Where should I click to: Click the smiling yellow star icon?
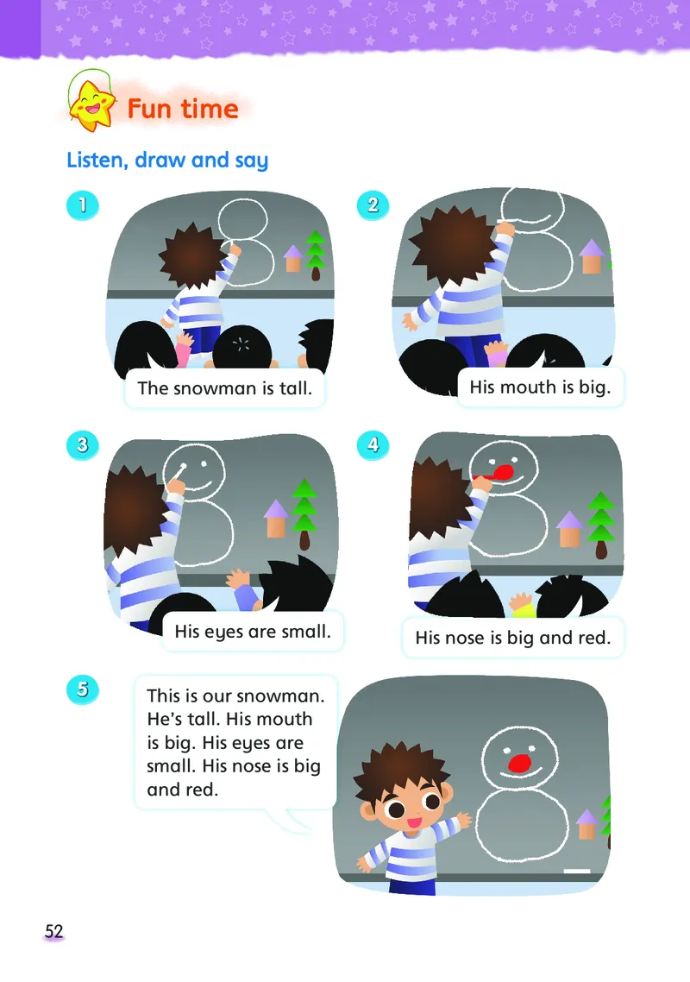92,106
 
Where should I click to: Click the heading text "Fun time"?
183,109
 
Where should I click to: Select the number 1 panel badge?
83,205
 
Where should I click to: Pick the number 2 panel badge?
373,205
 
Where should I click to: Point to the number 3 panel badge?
83,444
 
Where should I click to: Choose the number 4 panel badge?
373,444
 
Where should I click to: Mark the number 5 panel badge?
83,689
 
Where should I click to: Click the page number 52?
53,931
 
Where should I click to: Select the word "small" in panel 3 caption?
305,632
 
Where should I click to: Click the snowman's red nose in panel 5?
519,763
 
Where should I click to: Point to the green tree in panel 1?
315,255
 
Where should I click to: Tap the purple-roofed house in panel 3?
275,518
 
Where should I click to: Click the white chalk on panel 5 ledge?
577,871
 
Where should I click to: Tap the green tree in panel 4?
600,525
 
